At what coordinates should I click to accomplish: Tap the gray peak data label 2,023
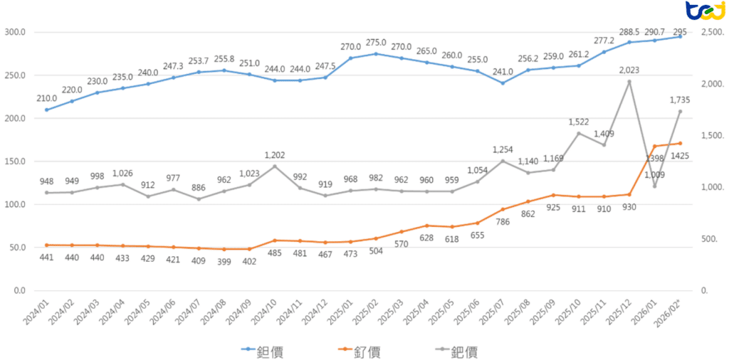[629, 70]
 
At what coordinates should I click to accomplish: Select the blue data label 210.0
[47, 98]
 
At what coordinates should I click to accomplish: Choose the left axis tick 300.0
[15, 32]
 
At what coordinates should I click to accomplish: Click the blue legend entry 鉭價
[274, 351]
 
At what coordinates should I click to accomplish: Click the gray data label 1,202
[274, 154]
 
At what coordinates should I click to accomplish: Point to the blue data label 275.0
[376, 43]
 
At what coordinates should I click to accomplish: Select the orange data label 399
[224, 263]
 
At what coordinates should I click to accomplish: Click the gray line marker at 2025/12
[629, 82]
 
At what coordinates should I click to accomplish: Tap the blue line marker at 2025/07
[503, 83]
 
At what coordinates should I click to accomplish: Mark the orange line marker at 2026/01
[654, 146]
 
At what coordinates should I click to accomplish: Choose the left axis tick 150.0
[15, 162]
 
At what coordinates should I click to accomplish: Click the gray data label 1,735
[680, 100]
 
